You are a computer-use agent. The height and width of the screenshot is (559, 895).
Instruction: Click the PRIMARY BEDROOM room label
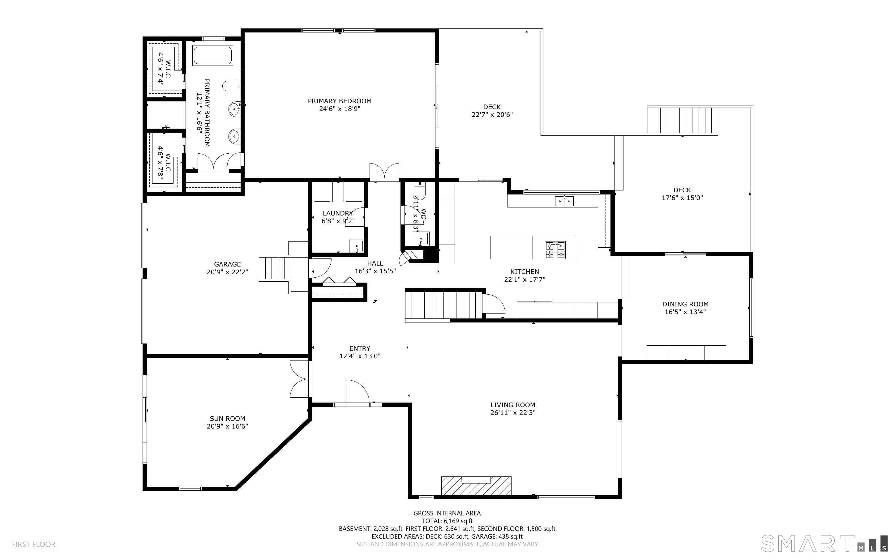tap(339, 101)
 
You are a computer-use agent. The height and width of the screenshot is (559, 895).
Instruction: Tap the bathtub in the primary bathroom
tap(212, 55)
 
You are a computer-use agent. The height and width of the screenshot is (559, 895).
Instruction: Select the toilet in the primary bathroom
tap(231, 86)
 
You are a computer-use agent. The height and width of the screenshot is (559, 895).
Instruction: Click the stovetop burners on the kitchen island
tap(555, 250)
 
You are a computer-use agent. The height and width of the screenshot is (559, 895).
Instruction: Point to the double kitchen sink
tap(564, 201)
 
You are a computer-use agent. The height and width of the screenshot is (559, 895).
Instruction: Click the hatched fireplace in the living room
tap(476, 485)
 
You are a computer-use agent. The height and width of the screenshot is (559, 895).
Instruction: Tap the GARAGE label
tap(227, 264)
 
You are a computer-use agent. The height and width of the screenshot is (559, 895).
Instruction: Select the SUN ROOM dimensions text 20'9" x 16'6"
tap(227, 426)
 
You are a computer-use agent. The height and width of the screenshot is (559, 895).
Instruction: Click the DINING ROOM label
tap(685, 304)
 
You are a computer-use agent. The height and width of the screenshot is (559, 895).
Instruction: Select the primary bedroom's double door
tap(384, 172)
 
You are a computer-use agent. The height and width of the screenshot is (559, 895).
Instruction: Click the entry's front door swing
tap(358, 392)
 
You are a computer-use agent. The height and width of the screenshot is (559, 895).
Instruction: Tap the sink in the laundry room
tap(356, 246)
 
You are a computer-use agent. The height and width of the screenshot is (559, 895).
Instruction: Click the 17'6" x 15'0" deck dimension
tap(682, 198)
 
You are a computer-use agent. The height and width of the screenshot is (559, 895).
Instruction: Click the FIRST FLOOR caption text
tap(34, 544)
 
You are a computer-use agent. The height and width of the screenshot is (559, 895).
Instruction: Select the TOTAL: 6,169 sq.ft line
tap(447, 521)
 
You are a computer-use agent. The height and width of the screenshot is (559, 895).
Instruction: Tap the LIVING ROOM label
tap(513, 405)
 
